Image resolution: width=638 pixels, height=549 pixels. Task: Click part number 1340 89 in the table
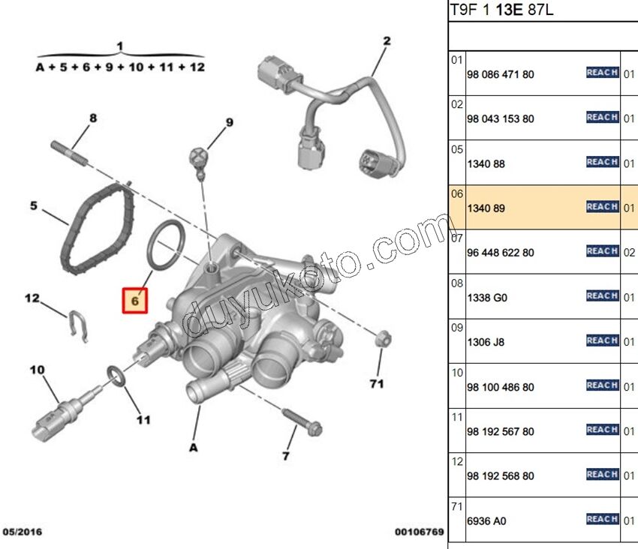[487, 208]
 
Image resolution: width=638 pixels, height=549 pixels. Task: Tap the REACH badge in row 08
[602, 295]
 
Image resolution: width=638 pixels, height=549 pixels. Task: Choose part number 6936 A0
[487, 520]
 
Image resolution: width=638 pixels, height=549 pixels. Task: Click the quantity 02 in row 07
[629, 253]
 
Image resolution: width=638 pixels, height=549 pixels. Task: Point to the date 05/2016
[23, 532]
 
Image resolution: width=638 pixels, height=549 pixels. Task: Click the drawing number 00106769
[420, 532]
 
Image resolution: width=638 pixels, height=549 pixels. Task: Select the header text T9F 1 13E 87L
[501, 10]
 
